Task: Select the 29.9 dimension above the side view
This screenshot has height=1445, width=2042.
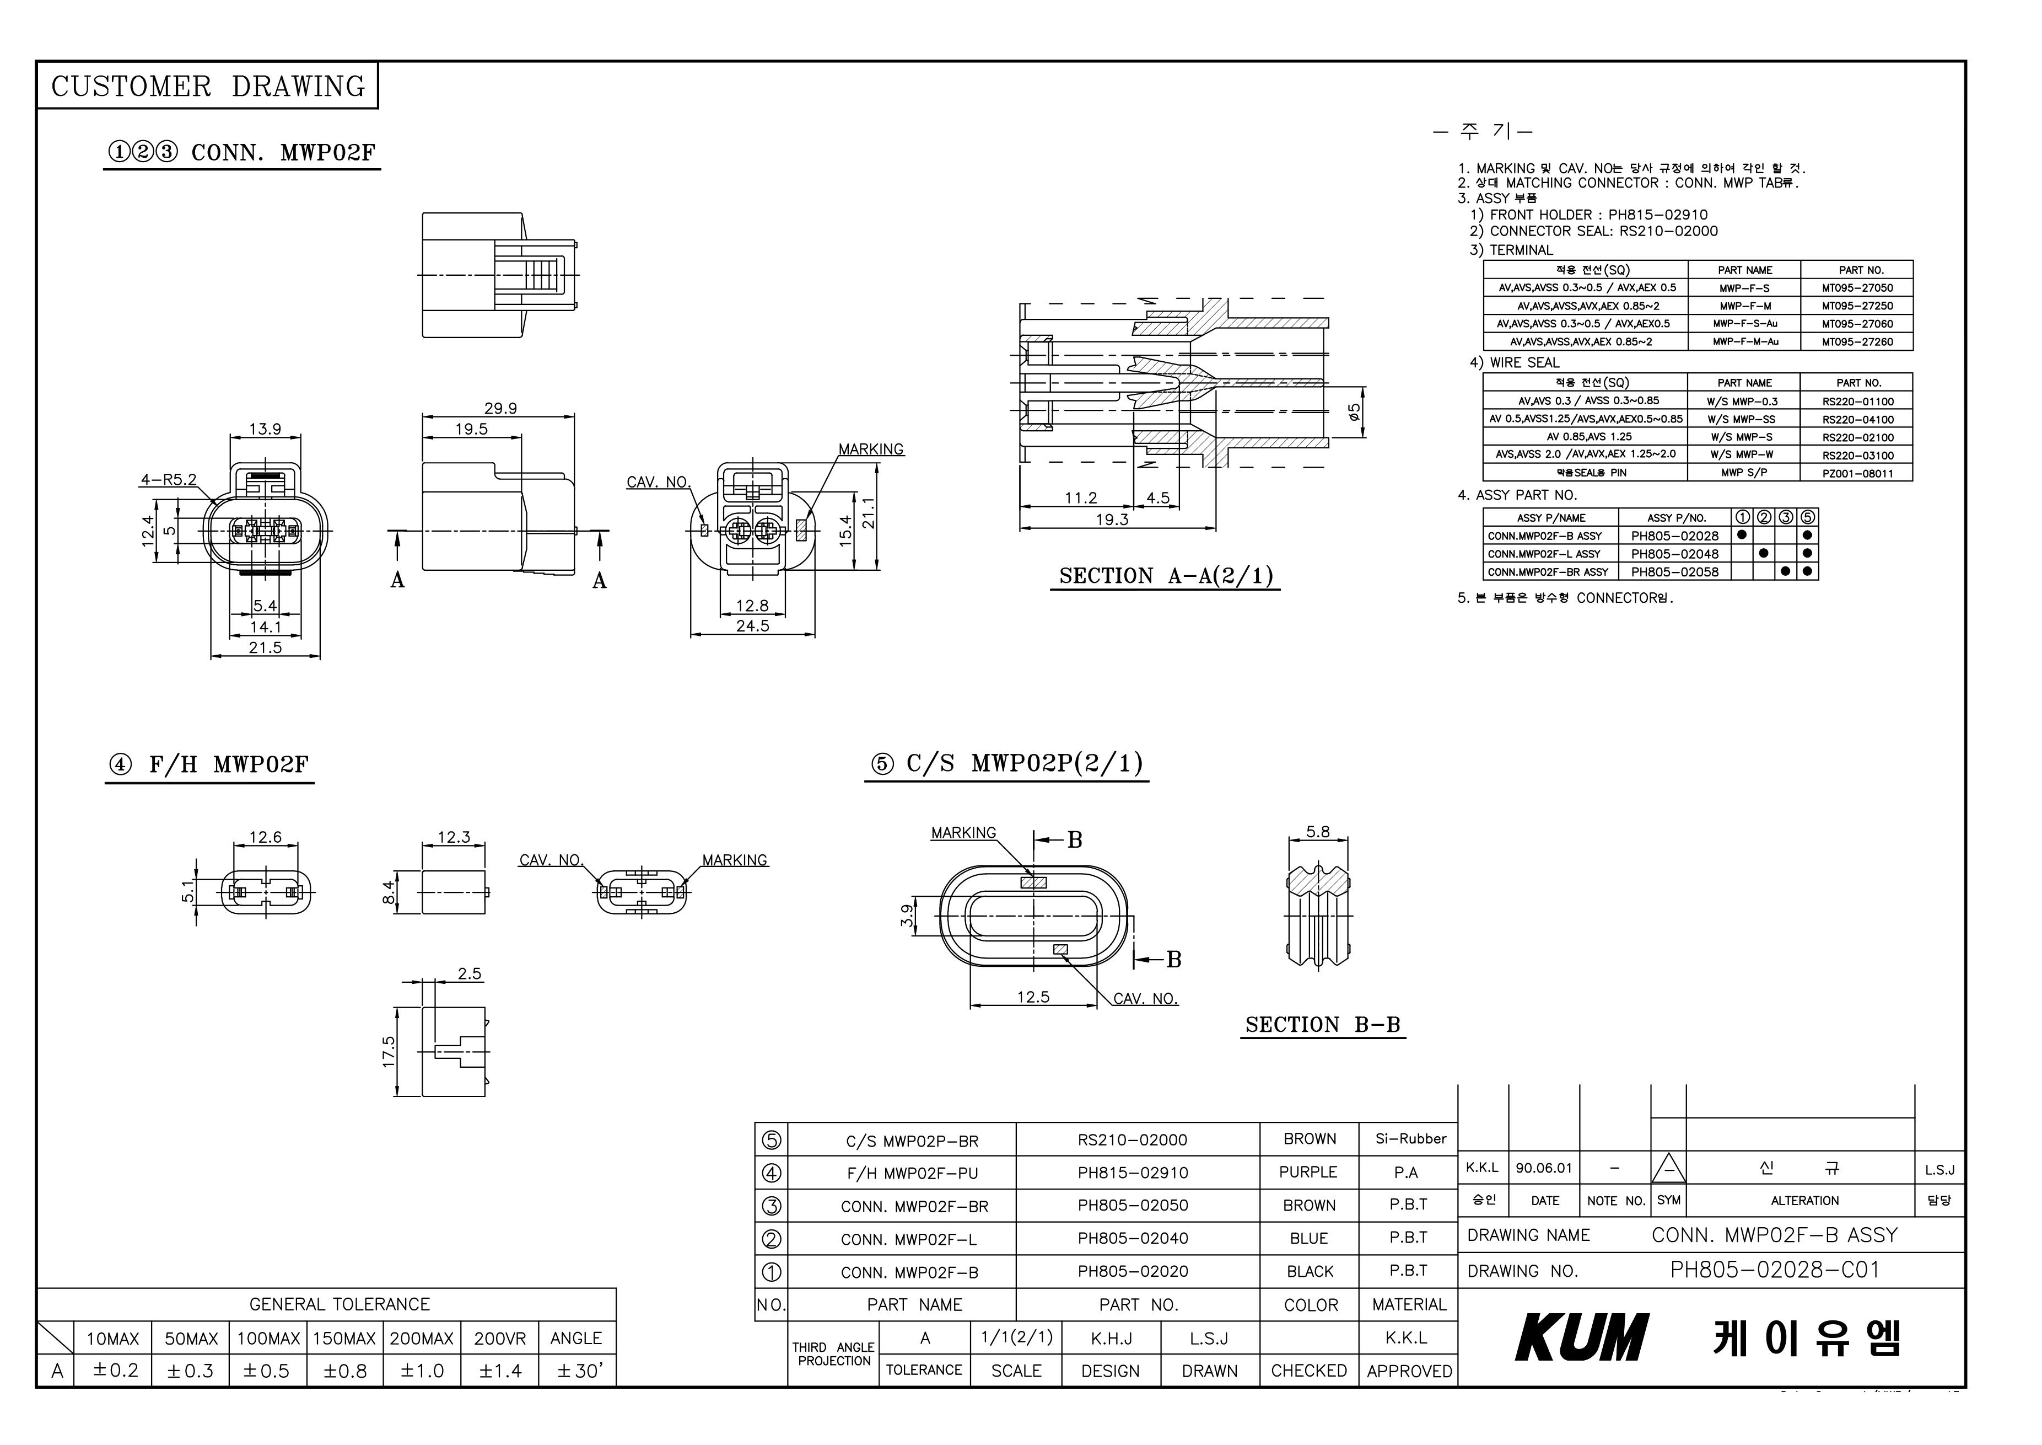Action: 500,409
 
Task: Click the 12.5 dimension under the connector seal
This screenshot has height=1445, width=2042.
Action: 1033,998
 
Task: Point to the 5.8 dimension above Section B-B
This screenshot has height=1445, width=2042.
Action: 1318,832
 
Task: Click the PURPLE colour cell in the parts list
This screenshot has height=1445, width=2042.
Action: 1308,1173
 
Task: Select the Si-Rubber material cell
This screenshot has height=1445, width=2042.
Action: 1410,1139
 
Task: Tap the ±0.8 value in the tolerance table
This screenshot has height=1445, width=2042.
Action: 345,1371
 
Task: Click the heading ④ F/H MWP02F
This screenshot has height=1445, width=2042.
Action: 209,765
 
